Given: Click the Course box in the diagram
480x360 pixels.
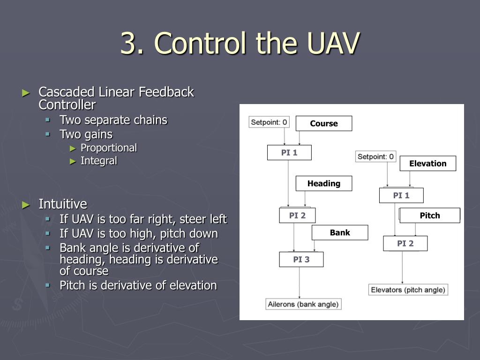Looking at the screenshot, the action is (324, 123).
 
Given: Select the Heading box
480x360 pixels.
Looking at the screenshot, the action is (324, 183).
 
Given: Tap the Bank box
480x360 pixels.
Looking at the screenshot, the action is (340, 232).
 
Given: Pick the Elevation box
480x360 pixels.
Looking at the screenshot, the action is (427, 164).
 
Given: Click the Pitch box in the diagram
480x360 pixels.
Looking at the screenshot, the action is (430, 216).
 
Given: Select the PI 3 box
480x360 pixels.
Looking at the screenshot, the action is (301, 259).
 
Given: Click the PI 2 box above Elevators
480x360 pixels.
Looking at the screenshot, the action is (405, 243).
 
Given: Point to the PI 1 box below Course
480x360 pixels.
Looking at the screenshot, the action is (289, 152).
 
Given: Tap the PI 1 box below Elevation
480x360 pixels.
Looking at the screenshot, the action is (401, 195).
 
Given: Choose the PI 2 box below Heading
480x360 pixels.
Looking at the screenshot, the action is (297, 216).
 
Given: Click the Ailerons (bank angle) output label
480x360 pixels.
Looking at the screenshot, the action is (303, 304).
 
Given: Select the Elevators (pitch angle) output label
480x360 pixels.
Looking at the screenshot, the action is (408, 290).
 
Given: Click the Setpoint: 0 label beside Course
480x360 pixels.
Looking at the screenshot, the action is (269, 122).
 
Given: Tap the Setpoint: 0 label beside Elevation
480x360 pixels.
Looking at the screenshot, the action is (375, 157).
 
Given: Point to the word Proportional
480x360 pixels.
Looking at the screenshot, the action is (109, 148).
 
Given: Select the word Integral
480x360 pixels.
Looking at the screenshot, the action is (99, 161).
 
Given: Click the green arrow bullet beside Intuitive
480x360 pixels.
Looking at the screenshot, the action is (26, 205).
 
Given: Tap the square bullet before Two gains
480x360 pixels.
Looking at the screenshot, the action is (47, 134).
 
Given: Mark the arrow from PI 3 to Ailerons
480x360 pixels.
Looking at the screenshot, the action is (300, 283).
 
